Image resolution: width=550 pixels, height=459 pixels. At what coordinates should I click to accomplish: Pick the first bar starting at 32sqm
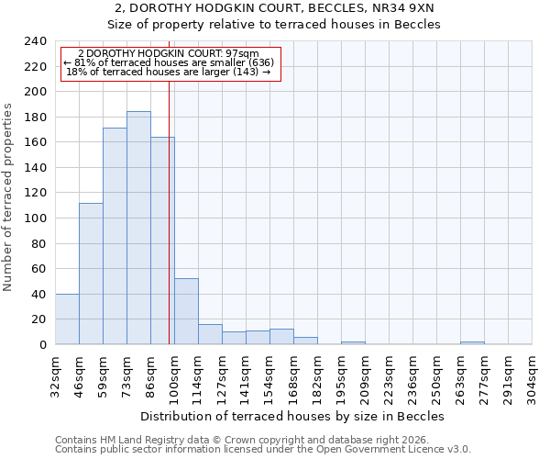tap(67, 319)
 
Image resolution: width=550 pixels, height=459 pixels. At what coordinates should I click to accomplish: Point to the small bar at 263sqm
tap(472, 342)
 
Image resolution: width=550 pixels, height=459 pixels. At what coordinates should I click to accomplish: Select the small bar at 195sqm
tap(353, 342)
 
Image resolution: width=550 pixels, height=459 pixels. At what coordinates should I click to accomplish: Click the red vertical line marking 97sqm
tap(170, 211)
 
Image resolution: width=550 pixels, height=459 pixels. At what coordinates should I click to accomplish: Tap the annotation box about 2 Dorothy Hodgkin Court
tap(169, 62)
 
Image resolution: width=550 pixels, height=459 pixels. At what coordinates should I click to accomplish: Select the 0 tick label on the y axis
tap(43, 345)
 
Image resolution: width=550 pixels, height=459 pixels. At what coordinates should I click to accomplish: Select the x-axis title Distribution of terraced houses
tap(293, 416)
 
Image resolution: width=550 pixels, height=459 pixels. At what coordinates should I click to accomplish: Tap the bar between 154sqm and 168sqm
tap(281, 337)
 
